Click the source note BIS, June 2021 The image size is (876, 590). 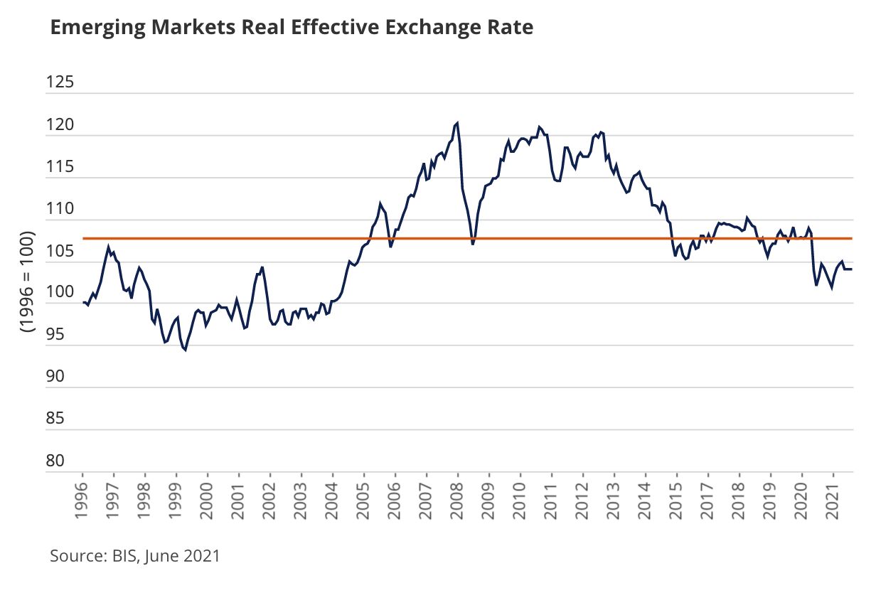pyautogui.click(x=135, y=556)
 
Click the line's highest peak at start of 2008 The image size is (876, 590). pyautogui.click(x=457, y=123)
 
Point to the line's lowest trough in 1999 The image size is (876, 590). pyautogui.click(x=185, y=350)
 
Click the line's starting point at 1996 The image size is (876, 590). pyautogui.click(x=83, y=303)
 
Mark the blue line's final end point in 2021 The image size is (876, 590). pyautogui.click(x=852, y=269)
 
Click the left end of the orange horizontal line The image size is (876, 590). pyautogui.click(x=84, y=238)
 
